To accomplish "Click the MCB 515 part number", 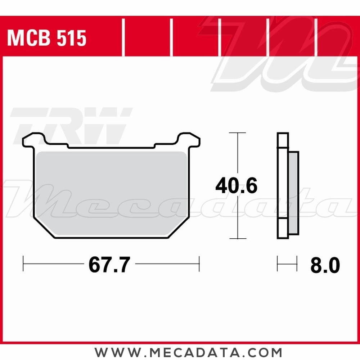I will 47,38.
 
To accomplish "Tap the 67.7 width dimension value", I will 109,265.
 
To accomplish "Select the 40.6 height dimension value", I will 237,186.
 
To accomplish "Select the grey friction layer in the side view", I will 294,193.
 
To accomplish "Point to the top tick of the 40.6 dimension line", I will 237,133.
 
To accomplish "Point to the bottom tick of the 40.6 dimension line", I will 237,238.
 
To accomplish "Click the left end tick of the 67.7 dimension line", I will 23,264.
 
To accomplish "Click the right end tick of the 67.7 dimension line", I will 199,264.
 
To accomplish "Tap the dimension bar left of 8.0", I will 287,264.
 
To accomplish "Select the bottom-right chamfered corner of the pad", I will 179,228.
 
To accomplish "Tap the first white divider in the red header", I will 123,38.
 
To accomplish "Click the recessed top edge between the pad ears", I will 112,147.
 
